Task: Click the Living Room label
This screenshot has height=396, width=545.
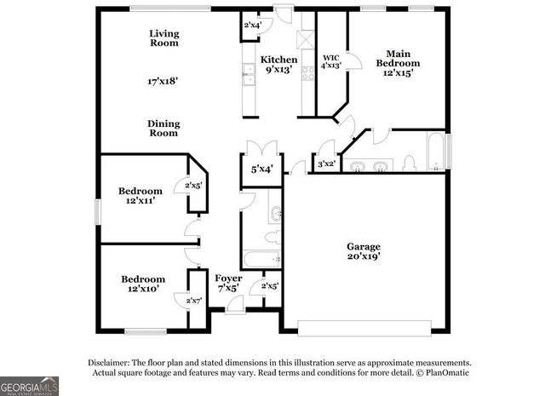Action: pos(164,38)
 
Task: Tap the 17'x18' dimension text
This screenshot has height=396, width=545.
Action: pos(163,83)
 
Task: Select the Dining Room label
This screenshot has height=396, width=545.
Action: pos(164,128)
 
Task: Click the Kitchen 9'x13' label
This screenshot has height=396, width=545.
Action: pos(279,65)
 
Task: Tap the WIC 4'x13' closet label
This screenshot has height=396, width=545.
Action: pos(331,61)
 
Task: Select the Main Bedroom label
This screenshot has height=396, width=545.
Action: pos(398,57)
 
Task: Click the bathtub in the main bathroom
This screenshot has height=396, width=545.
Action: pos(435,152)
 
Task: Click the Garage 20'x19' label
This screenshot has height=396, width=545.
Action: pos(363,252)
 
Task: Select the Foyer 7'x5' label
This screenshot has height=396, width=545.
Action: pos(227,284)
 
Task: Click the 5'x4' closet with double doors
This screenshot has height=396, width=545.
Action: pos(261,169)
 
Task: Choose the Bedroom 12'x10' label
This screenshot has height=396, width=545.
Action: pos(142,284)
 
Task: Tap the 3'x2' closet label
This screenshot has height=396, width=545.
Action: pos(325,164)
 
